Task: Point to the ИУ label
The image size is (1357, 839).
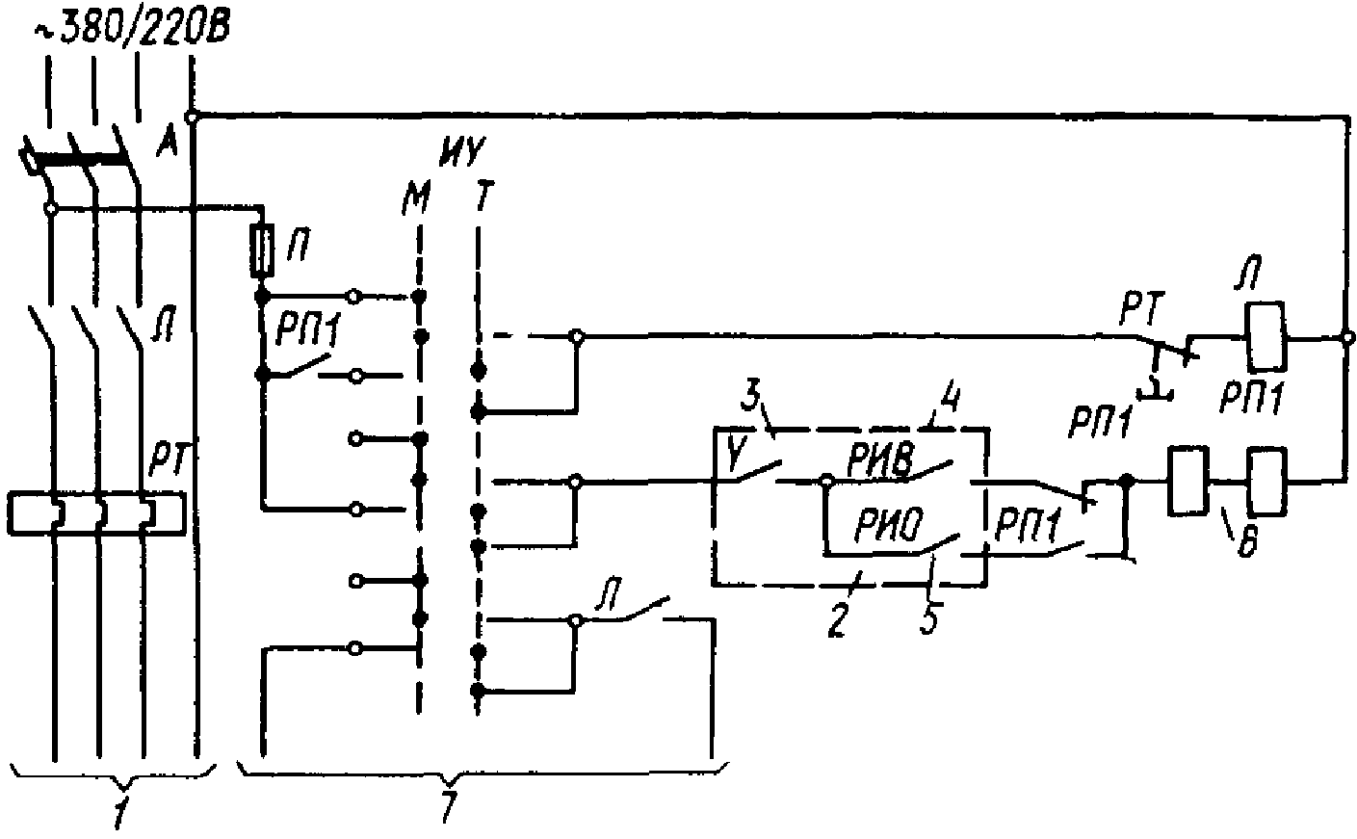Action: pos(461,151)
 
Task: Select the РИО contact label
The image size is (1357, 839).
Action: pos(887,526)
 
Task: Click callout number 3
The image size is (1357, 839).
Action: pos(753,394)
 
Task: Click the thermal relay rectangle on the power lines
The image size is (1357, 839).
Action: pos(96,511)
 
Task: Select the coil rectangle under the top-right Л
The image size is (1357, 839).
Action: pos(1266,337)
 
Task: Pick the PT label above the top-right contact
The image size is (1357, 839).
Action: pos(1143,310)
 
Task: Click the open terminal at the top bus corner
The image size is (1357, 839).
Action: pos(193,117)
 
